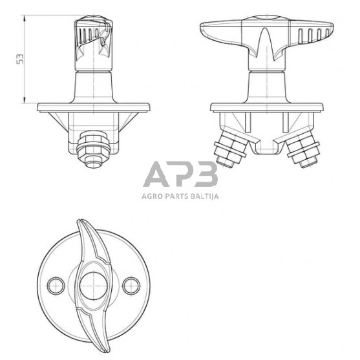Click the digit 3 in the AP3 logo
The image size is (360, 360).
[x=204, y=176]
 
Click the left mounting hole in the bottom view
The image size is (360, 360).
[x=54, y=282]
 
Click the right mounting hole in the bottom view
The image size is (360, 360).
[x=131, y=282]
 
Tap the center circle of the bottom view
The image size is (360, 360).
[x=92, y=282]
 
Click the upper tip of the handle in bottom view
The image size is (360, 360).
[x=81, y=222]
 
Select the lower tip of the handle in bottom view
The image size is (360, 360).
[x=103, y=343]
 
